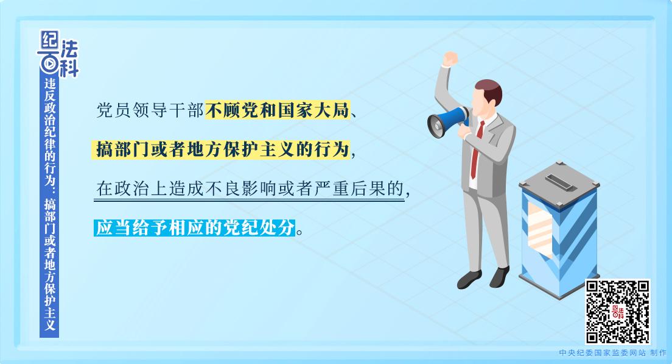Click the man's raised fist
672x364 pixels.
(x=450, y=59)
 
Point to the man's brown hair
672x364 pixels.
(x=489, y=89)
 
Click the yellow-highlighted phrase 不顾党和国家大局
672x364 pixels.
(x=278, y=110)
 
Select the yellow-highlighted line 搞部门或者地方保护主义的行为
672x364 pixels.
(x=221, y=150)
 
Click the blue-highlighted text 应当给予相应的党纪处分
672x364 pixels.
(x=195, y=227)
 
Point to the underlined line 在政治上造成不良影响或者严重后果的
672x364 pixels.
(x=250, y=189)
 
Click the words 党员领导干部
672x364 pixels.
(x=150, y=110)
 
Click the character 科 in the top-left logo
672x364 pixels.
(x=69, y=68)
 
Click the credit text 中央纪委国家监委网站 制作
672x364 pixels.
(x=613, y=353)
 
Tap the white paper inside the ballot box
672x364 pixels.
(x=539, y=228)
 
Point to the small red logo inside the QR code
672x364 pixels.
(x=618, y=312)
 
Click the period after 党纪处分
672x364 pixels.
(x=299, y=232)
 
